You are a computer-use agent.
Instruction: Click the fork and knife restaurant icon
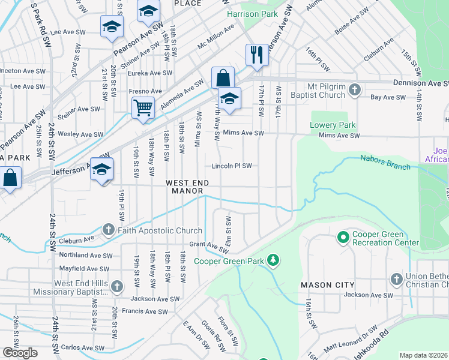257,55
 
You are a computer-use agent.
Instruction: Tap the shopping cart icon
143,109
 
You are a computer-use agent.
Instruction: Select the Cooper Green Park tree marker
274,259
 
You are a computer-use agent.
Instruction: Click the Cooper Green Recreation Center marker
343,238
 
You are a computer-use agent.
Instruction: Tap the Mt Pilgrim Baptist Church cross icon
354,91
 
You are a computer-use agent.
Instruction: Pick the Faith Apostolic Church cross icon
108,230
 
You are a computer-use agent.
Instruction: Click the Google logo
20,353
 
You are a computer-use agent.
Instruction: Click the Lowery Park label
333,125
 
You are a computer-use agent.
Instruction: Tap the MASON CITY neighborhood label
328,284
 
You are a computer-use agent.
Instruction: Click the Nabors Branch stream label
384,161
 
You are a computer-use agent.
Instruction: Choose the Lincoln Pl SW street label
231,166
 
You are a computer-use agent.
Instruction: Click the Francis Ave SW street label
145,311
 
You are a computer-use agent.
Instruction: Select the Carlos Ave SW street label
79,347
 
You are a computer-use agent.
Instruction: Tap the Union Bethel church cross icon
396,279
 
